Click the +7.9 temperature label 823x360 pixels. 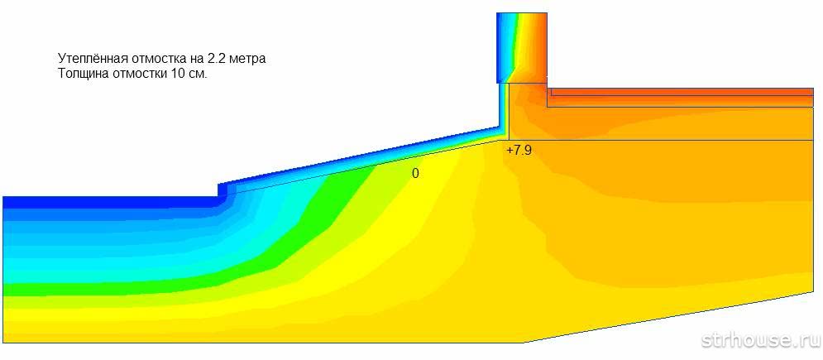coord(519,150)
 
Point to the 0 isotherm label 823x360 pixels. coord(415,174)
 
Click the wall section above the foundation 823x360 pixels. coord(522,48)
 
